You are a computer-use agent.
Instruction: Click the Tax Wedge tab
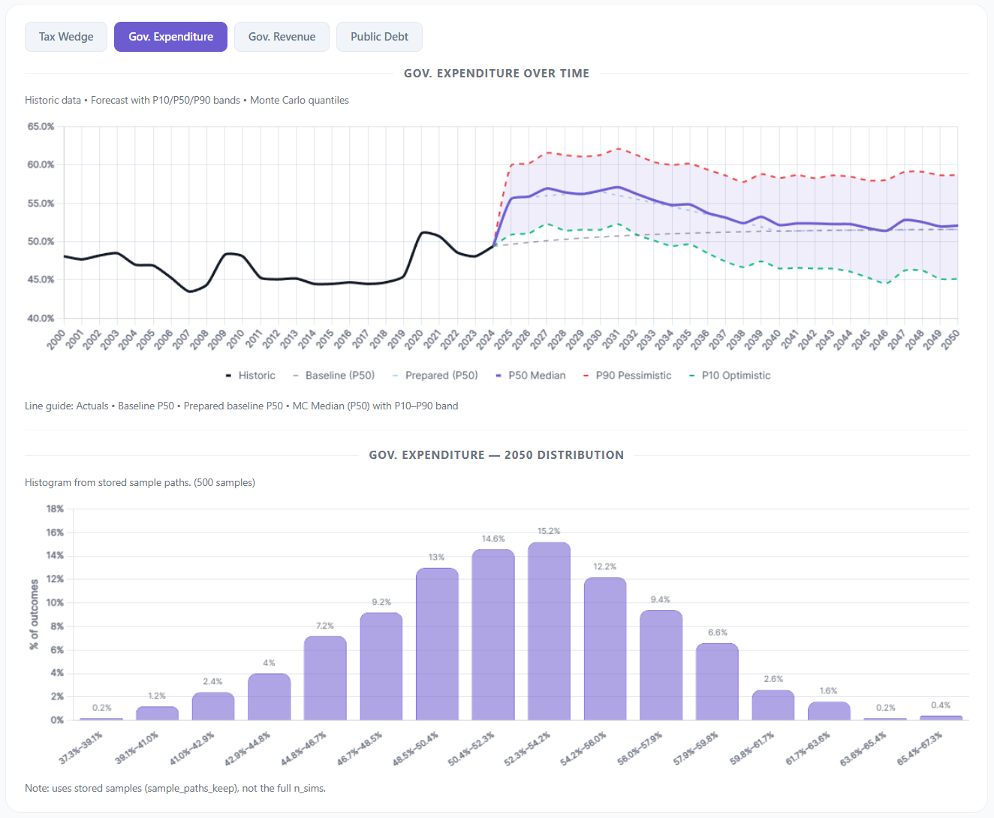tap(66, 37)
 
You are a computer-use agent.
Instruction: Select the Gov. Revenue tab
tap(282, 37)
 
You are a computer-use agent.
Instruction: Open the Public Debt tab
tap(379, 37)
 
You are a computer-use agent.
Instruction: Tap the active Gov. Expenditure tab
tap(170, 37)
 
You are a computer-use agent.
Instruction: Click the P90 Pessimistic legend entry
tap(633, 376)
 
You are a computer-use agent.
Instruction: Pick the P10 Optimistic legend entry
tap(735, 376)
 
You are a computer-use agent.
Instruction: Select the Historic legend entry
tap(256, 376)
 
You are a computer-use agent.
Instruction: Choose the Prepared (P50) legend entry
tap(441, 376)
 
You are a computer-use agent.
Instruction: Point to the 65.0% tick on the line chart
tap(41, 127)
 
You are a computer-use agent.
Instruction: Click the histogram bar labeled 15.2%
tap(549, 631)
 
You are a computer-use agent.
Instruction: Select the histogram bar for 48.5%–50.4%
tap(437, 644)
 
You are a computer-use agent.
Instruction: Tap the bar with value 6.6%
tap(717, 681)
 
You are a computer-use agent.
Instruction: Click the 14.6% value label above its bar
tap(493, 539)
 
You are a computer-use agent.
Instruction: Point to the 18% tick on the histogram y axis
tap(55, 509)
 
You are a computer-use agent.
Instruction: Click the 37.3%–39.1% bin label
tap(81, 748)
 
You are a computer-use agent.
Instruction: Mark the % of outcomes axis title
tap(34, 614)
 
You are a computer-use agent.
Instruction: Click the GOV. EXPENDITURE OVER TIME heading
tap(496, 74)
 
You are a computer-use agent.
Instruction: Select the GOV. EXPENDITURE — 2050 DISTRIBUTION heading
tap(496, 455)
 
